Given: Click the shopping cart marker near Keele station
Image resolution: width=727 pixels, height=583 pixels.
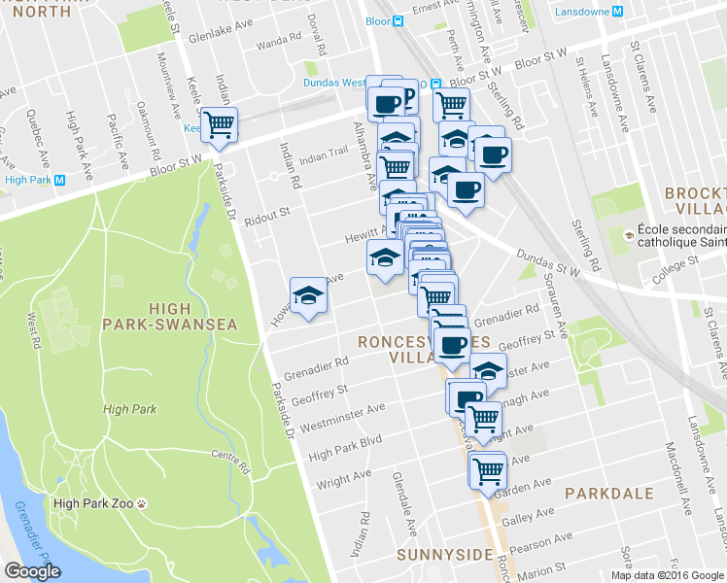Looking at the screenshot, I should coord(221,124).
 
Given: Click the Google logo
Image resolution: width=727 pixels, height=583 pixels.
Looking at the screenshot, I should coord(33,571).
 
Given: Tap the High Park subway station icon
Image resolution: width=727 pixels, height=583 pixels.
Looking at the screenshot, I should coord(60,180).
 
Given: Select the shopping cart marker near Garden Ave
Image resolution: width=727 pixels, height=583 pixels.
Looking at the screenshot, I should coord(487,470).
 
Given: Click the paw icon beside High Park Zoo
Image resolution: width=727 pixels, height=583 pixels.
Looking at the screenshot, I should coord(142,503).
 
